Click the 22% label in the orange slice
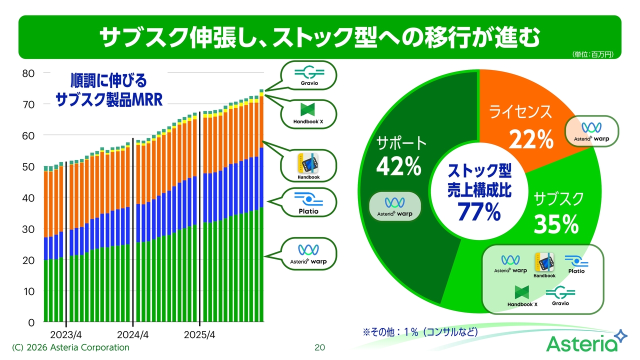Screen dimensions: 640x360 coord(531,139)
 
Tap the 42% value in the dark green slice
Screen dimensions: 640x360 coord(398,166)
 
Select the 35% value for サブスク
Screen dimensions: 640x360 coord(556,224)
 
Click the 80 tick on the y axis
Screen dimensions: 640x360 coord(28,73)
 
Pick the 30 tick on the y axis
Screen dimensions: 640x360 coord(28,229)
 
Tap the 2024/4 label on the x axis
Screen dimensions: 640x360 coord(133,334)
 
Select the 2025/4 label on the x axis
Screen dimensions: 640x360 coord(199,334)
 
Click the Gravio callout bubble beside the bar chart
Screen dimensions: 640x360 coord(309,75)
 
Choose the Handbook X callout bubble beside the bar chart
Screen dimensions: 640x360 coord(308,114)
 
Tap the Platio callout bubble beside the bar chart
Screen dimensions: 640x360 coord(308,202)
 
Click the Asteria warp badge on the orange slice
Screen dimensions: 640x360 coord(591,131)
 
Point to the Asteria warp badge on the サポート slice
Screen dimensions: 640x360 coord(395,206)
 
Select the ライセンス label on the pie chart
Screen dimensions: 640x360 coord(520,111)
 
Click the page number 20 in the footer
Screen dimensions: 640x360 coord(319,347)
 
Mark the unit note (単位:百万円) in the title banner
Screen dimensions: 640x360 coord(593,54)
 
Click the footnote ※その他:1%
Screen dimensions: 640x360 coord(420,332)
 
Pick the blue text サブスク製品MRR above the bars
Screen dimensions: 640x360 coord(109,100)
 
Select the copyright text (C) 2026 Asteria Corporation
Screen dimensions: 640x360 coord(70,347)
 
